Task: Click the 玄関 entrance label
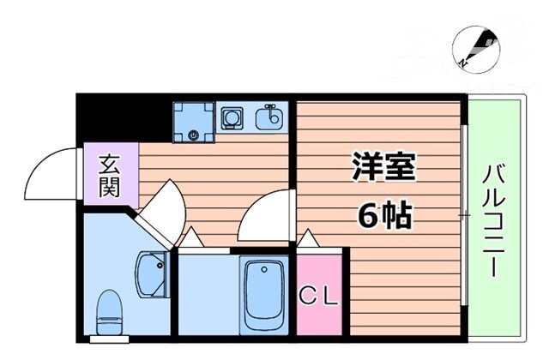[x=110, y=175]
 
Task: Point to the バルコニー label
[x=494, y=219]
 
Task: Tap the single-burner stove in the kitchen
[x=231, y=117]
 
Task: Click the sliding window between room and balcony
[x=464, y=214]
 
